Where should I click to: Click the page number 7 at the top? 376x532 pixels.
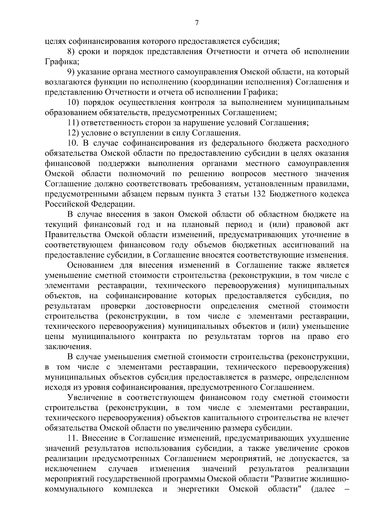196,23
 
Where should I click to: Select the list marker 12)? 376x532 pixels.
74,133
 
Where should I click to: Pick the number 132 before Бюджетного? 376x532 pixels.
258,194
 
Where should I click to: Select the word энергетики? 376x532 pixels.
198,489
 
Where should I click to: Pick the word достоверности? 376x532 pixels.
173,306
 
